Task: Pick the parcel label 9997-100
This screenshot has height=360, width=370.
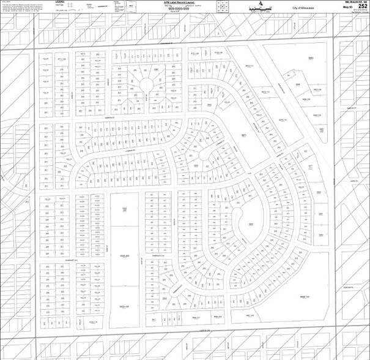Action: click(x=250, y=316)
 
